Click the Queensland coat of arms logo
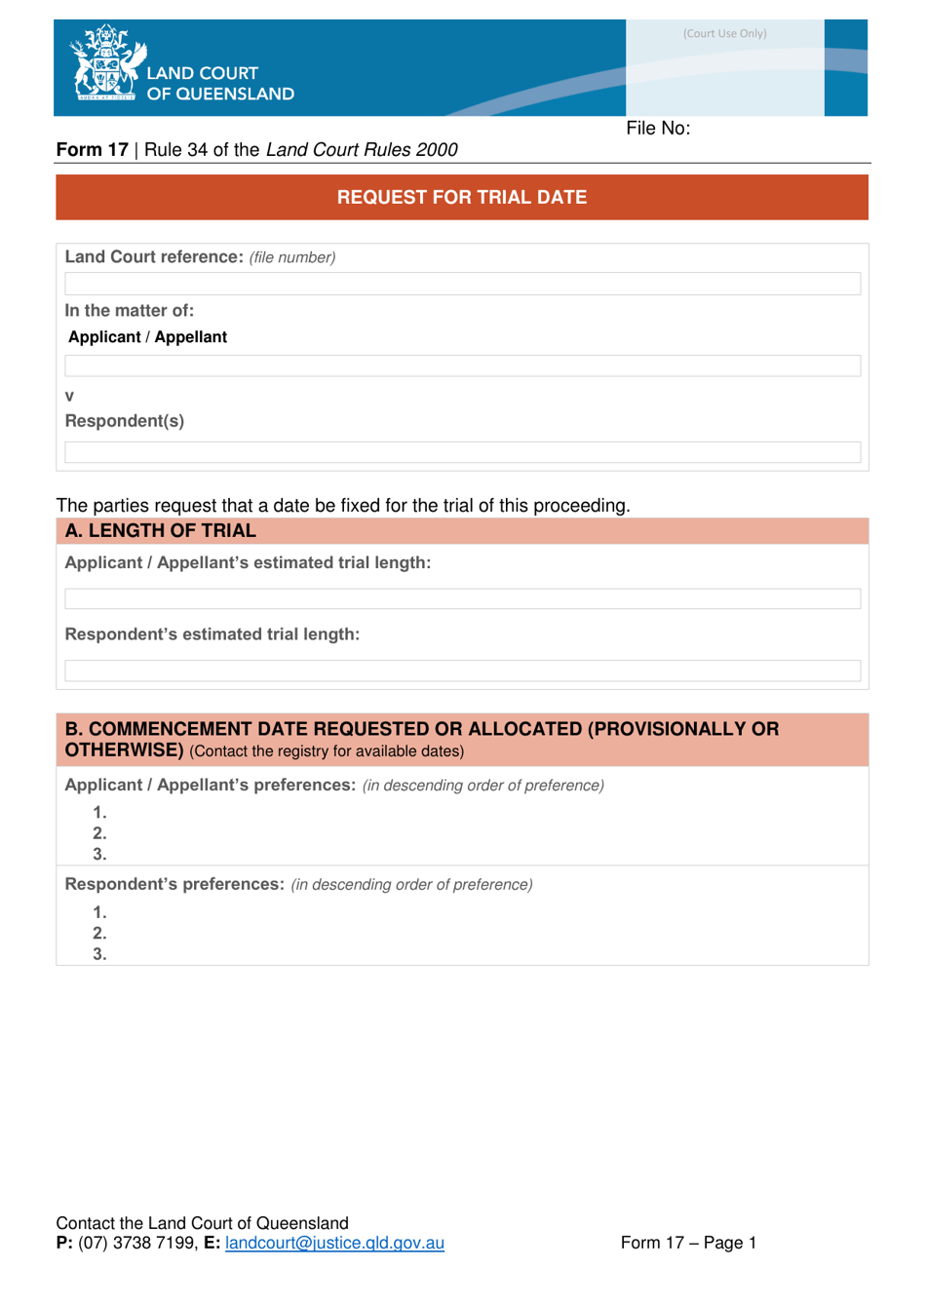[106, 64]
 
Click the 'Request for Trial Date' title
[462, 197]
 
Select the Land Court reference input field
[462, 284]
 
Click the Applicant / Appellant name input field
[462, 365]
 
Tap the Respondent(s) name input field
[462, 452]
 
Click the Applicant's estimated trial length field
[462, 598]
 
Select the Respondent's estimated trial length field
[462, 671]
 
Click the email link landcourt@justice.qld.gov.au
[334, 1243]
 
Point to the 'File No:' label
[658, 129]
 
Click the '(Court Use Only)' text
[724, 33]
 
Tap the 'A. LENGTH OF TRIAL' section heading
[161, 531]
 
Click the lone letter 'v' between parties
[69, 396]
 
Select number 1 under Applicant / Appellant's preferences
[99, 813]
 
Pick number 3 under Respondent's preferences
[99, 954]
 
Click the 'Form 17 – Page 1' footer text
[688, 1243]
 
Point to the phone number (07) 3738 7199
[137, 1243]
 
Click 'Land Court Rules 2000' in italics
[362, 150]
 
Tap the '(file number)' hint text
[292, 257]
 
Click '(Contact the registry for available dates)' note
[327, 751]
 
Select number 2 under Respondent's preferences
[99, 934]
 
